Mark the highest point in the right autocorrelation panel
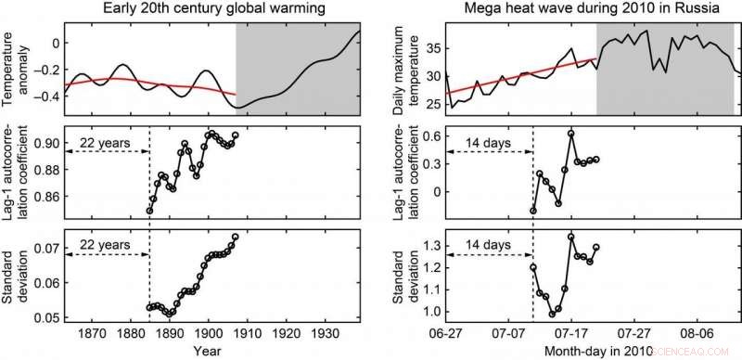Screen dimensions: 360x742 click(571, 134)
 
